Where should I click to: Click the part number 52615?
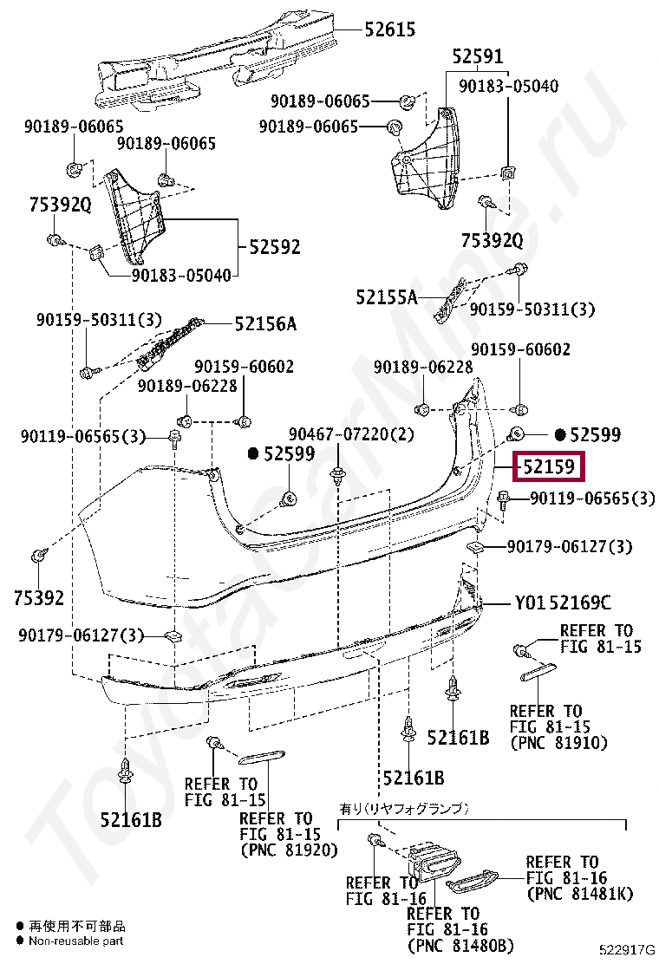click(389, 29)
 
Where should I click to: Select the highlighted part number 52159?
click(548, 468)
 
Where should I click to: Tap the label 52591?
click(477, 57)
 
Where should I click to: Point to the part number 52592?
click(274, 247)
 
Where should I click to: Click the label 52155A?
click(386, 297)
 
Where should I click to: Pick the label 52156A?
click(264, 324)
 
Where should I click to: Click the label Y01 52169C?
click(563, 602)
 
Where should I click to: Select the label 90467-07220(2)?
click(351, 433)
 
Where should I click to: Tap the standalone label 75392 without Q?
click(39, 597)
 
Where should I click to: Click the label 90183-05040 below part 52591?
click(508, 86)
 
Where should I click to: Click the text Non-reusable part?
click(76, 941)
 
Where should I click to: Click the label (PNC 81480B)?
click(460, 944)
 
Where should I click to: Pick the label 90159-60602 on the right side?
click(520, 350)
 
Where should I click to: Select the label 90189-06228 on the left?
click(187, 385)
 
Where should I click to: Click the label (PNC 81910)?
click(558, 742)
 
